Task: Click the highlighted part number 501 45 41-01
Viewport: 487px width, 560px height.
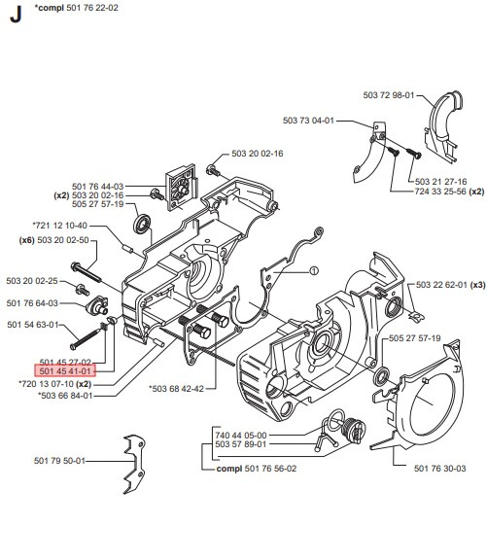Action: coord(65,370)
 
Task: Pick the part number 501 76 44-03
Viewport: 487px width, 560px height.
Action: coord(97,185)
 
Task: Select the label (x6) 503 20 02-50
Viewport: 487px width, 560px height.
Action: coord(54,240)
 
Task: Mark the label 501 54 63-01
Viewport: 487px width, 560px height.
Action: coord(32,325)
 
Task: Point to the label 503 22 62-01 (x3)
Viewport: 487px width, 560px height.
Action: coord(450,284)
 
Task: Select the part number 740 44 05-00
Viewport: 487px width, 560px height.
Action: coord(240,436)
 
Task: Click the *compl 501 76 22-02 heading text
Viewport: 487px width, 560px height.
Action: coord(77,8)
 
